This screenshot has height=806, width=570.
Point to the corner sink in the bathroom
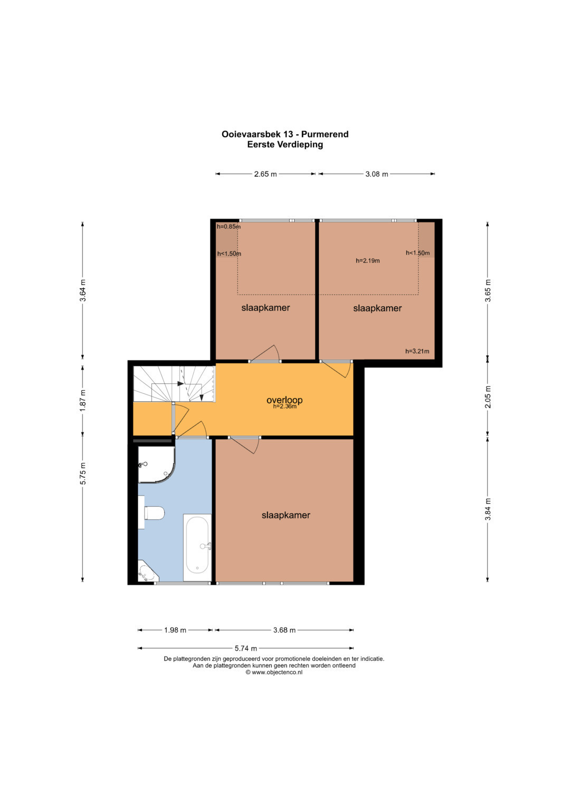click(x=147, y=572)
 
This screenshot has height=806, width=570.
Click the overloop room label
click(x=284, y=400)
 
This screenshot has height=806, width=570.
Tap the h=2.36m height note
click(x=284, y=406)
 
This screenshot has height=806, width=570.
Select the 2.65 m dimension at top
click(x=265, y=174)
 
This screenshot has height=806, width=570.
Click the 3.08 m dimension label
click(x=377, y=174)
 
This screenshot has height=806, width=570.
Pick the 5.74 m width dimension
click(x=246, y=648)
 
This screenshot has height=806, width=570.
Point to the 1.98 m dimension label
click(x=175, y=630)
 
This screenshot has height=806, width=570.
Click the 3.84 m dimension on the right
click(x=488, y=509)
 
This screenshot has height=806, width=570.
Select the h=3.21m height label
click(x=417, y=351)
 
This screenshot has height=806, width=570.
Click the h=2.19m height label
click(x=368, y=261)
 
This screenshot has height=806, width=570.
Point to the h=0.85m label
click(x=229, y=226)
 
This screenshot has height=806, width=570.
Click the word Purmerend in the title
click(x=325, y=134)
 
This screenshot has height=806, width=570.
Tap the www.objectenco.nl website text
click(x=277, y=672)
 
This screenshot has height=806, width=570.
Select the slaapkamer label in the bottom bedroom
click(x=286, y=515)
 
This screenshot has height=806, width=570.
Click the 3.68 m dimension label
click(x=284, y=630)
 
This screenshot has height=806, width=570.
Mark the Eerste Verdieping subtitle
click(x=285, y=145)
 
